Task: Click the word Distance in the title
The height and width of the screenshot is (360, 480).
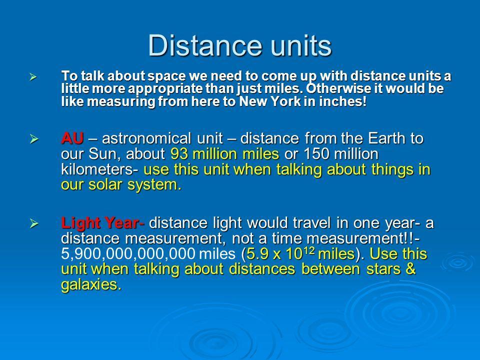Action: (x=205, y=45)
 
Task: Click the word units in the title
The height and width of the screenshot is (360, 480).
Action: (x=302, y=45)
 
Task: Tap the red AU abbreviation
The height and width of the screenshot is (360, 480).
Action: (x=72, y=138)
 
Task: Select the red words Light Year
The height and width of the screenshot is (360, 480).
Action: (x=100, y=223)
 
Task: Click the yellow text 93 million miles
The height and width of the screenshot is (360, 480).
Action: (x=224, y=153)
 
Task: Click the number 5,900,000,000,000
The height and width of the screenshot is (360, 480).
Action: (x=128, y=254)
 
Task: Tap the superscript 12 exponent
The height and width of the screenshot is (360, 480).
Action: (x=310, y=250)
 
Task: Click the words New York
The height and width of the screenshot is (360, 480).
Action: (x=269, y=101)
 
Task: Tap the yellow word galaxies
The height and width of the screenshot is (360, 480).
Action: (x=89, y=284)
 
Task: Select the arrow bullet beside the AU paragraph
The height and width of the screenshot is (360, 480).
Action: (x=34, y=139)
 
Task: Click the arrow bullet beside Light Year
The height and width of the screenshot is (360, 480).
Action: (x=34, y=224)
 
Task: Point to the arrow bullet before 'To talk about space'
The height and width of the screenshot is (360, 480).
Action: (x=33, y=77)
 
